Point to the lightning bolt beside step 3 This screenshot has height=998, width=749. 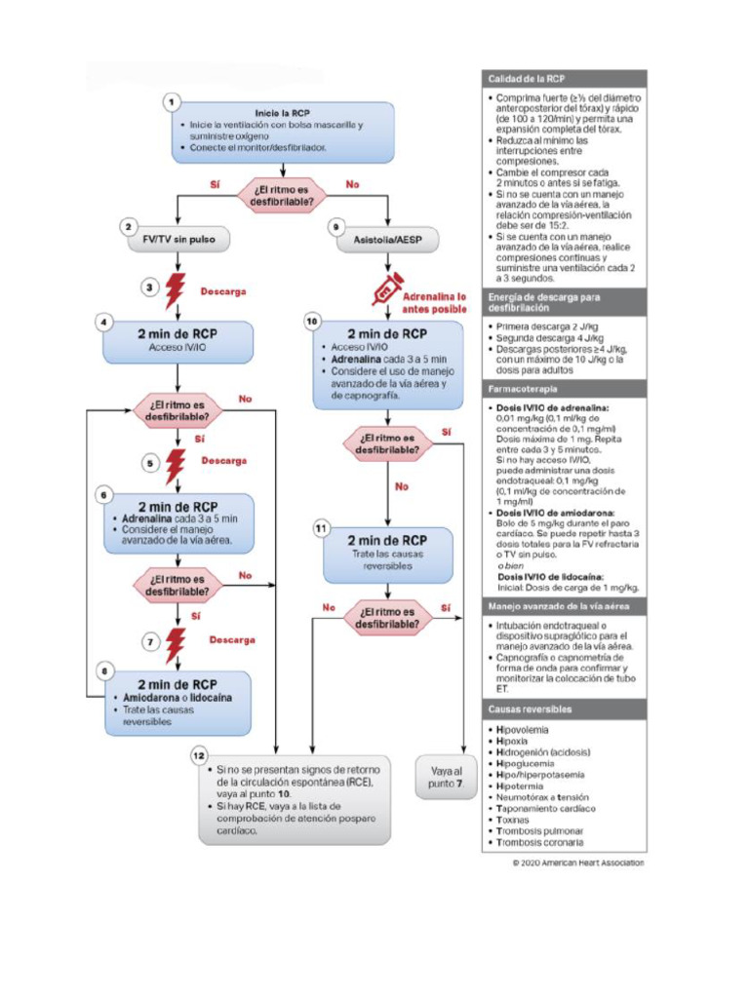click(177, 290)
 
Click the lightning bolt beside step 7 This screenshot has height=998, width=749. click(177, 643)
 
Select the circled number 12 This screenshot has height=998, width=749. click(200, 756)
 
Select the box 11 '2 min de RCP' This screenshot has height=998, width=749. click(388, 553)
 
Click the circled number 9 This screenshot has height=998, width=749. click(335, 226)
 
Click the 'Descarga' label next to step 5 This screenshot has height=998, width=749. click(223, 460)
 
